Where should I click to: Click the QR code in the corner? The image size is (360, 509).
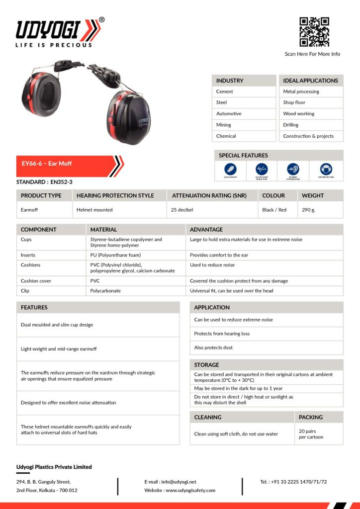click(314, 32)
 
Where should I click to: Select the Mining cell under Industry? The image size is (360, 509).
click(224, 125)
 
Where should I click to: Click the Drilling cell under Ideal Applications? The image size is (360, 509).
click(291, 125)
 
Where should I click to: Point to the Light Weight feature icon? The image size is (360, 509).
click(230, 169)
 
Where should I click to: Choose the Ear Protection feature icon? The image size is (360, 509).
click(326, 169)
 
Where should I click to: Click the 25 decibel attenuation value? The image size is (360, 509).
click(181, 210)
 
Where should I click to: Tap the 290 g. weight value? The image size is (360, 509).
click(308, 210)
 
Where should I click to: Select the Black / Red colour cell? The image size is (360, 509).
click(274, 210)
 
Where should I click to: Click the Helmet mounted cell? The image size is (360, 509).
click(94, 210)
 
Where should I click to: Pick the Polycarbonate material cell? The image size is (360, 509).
click(105, 290)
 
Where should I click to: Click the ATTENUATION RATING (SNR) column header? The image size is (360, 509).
click(209, 195)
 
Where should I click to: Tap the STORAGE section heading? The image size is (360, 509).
click(206, 365)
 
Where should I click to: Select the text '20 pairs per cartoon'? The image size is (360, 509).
click(311, 434)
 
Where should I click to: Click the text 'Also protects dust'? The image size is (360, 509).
click(213, 347)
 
